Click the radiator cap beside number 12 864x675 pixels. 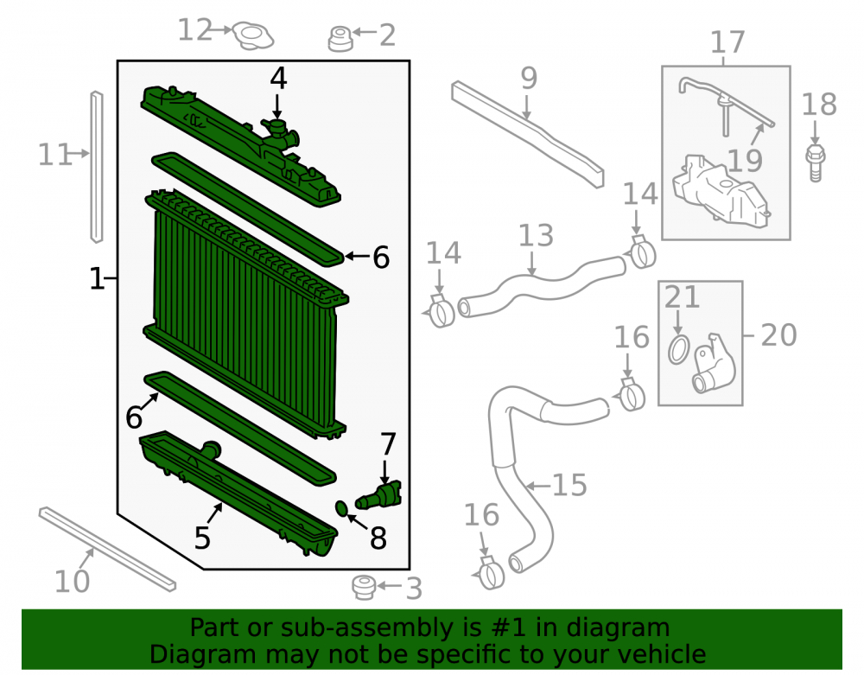coord(253,35)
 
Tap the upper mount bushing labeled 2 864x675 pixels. coord(340,39)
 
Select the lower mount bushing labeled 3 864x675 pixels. coord(364,588)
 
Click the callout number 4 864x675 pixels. coord(278,79)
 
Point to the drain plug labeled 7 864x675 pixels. coord(378,495)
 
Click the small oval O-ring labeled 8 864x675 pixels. coord(341,508)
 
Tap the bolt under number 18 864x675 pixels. coord(816,163)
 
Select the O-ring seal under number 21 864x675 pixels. coord(678,349)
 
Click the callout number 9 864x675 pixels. coord(529,79)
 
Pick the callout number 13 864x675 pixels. coord(536,235)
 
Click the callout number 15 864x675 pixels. coord(569,486)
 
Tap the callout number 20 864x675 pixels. coord(778,335)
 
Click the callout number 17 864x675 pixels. coord(727,41)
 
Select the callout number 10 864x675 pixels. coord(72,582)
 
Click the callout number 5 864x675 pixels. coord(202,538)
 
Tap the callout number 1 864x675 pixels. coord(97,279)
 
